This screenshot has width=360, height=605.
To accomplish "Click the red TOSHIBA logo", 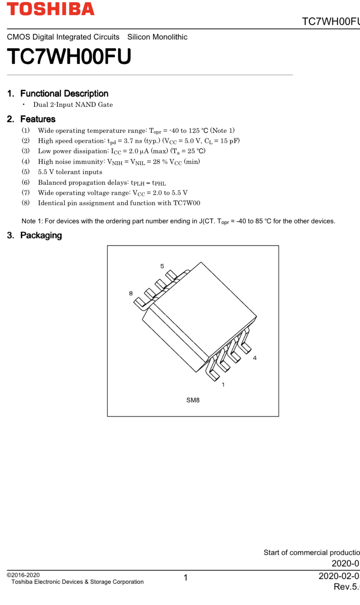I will point(51,9).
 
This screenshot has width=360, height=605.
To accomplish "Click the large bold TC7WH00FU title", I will point(69,56).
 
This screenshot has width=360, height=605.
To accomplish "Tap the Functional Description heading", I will point(64,93).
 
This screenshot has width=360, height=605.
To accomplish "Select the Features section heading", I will point(38,119).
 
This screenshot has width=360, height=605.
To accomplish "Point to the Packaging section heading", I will point(41,235).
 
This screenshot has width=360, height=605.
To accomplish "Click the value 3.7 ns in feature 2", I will point(133,141).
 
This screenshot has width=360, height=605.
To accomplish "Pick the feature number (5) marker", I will point(26,172).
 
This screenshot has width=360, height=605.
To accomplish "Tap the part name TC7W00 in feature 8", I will point(186,203).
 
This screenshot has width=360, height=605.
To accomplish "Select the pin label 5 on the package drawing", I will point(162,266).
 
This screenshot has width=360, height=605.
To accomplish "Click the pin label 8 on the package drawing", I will point(131,293).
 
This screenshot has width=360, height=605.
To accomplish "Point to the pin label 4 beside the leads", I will point(255,358).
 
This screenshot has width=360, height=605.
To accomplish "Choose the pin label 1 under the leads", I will point(223,385).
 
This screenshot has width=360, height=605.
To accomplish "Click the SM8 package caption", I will point(193,400).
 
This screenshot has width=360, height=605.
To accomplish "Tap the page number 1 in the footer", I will point(185,578).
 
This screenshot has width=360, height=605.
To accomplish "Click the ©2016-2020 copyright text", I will point(23,575).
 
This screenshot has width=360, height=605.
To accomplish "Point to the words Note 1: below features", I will point(32,221).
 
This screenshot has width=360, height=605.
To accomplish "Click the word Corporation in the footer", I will point(128,582).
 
